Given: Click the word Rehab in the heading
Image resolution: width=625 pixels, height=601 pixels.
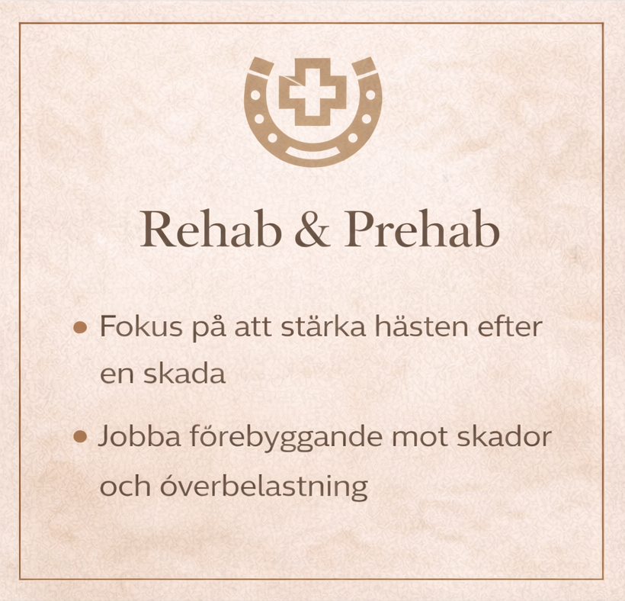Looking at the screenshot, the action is point(211,230).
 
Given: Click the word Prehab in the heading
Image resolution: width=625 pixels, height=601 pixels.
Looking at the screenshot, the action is point(422,230).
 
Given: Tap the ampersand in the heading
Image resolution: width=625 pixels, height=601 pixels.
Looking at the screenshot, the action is point(312,231).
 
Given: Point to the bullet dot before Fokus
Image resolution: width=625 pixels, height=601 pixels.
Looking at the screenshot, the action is point(81,328).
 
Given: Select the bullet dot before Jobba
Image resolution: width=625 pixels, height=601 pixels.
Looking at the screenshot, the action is point(81,437).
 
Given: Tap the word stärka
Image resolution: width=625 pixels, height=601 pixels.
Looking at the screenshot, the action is point(323,326).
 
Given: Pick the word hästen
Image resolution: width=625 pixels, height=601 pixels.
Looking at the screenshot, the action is point(422,326).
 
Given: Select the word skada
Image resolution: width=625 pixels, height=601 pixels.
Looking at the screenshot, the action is point(184,374).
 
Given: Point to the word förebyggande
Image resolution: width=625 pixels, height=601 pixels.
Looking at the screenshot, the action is point(286,438).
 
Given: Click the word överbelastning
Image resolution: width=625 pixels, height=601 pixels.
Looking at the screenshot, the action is point(264,487).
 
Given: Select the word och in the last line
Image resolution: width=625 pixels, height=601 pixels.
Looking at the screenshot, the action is point(125,487).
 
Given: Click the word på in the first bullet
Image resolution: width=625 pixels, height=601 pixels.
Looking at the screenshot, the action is point(209,328).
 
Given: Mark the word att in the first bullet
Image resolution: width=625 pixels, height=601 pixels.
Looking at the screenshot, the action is point(253,328).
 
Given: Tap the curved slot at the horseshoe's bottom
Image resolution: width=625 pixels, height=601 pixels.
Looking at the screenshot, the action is point(312,154).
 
